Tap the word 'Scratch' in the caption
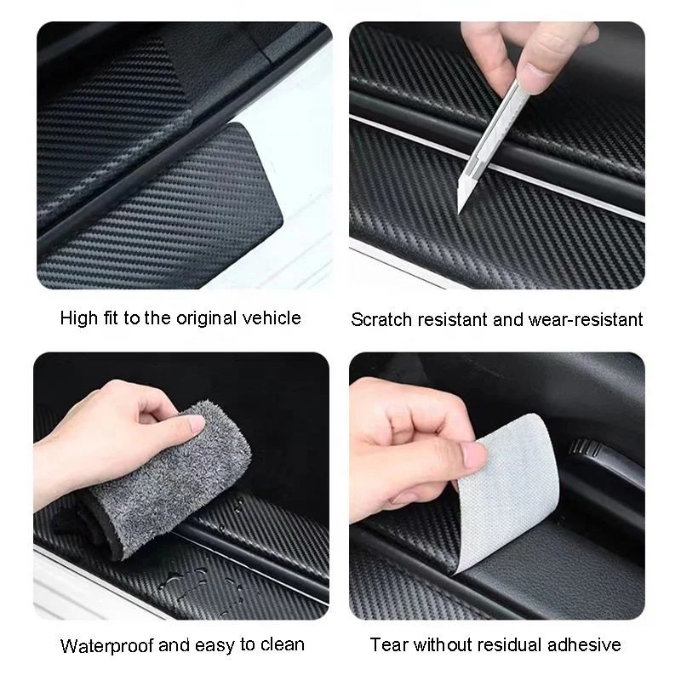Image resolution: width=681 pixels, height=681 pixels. coord(381,321)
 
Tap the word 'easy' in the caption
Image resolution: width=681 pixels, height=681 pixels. coord(220,645)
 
